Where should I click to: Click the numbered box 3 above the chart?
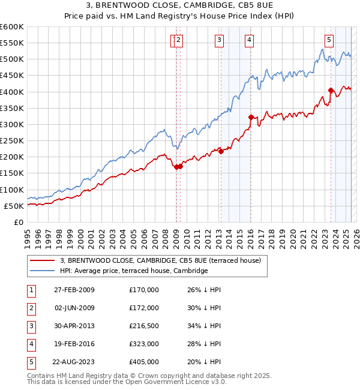(219, 40)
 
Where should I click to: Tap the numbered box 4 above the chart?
(248, 40)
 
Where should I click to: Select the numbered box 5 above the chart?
(329, 40)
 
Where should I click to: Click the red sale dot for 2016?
(251, 117)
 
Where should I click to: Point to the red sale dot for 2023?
(331, 91)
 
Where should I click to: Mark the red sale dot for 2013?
(221, 151)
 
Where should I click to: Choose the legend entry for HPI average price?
(134, 271)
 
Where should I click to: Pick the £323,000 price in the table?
(144, 344)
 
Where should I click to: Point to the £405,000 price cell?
(144, 362)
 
